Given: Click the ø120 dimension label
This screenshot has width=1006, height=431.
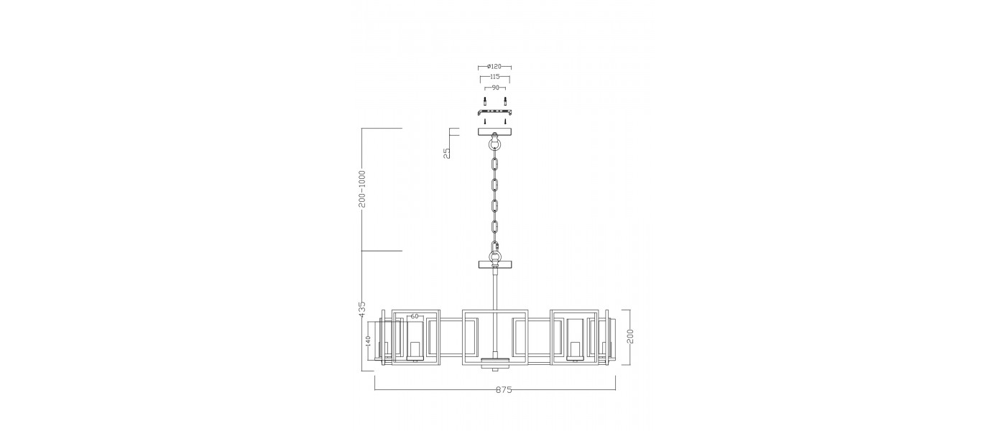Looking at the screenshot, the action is [494, 66].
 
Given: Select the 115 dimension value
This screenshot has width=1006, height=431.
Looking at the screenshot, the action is [495, 77].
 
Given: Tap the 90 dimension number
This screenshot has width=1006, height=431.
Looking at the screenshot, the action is [495, 88].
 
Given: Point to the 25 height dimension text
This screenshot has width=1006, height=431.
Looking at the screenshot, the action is [446, 153].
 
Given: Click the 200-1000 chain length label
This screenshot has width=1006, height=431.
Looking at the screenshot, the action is [362, 188].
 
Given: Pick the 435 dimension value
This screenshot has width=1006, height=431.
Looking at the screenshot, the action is [362, 310].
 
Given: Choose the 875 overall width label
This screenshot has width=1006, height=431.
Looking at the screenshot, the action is [504, 389].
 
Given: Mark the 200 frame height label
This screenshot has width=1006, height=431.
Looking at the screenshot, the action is [630, 336].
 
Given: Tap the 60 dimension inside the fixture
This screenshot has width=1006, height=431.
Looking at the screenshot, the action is [415, 317].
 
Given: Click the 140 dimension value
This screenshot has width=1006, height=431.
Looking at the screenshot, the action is [368, 340].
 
